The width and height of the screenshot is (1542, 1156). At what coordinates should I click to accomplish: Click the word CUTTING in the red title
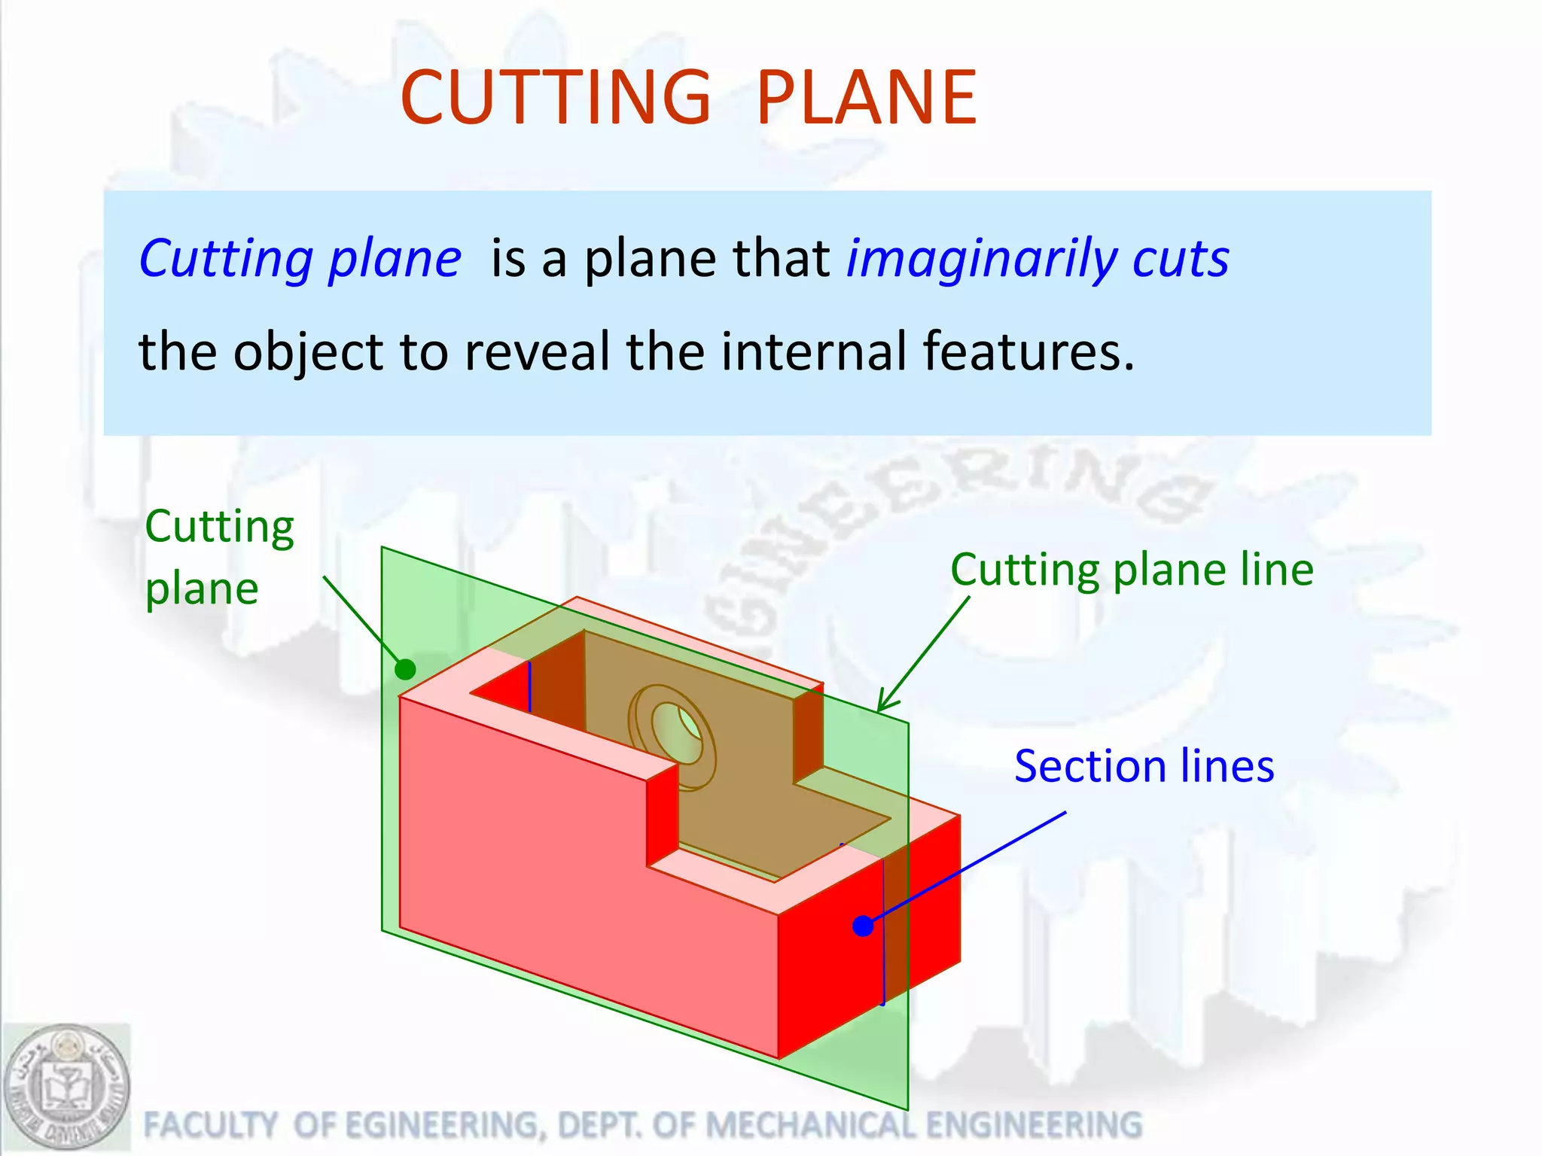tap(555, 98)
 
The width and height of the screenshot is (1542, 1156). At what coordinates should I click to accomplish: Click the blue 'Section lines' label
tap(1144, 766)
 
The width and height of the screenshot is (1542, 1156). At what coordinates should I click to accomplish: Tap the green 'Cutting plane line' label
tap(1132, 569)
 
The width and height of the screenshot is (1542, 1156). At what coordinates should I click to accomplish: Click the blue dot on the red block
tap(863, 926)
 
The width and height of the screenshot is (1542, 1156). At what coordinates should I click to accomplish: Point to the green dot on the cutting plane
tap(405, 668)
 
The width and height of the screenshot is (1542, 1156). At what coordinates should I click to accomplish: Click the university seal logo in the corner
tap(66, 1087)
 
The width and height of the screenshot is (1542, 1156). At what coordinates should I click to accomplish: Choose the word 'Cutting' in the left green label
tap(219, 527)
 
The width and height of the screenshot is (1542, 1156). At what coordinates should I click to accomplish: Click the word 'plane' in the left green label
tap(202, 589)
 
